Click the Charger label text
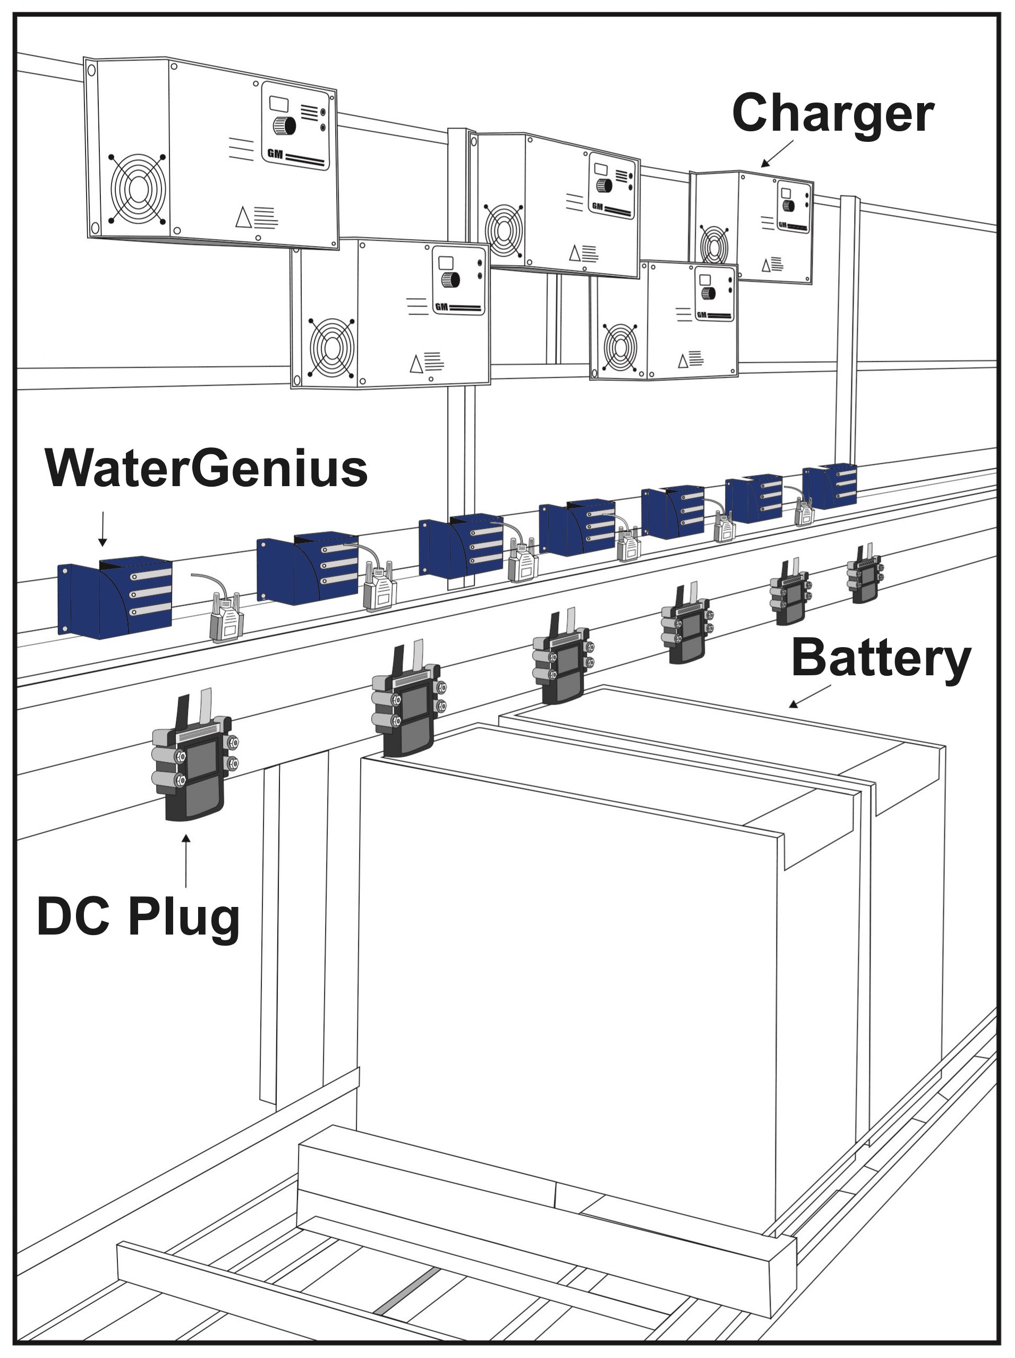[832, 114]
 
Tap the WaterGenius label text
[206, 470]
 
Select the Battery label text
[881, 659]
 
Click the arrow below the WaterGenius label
[103, 529]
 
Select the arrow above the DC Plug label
[186, 860]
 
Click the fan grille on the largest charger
[138, 189]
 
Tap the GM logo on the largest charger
[275, 154]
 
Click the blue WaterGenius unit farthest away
[830, 486]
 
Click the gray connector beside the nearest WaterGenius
[226, 620]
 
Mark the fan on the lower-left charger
[331, 348]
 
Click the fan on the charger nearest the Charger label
[714, 245]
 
